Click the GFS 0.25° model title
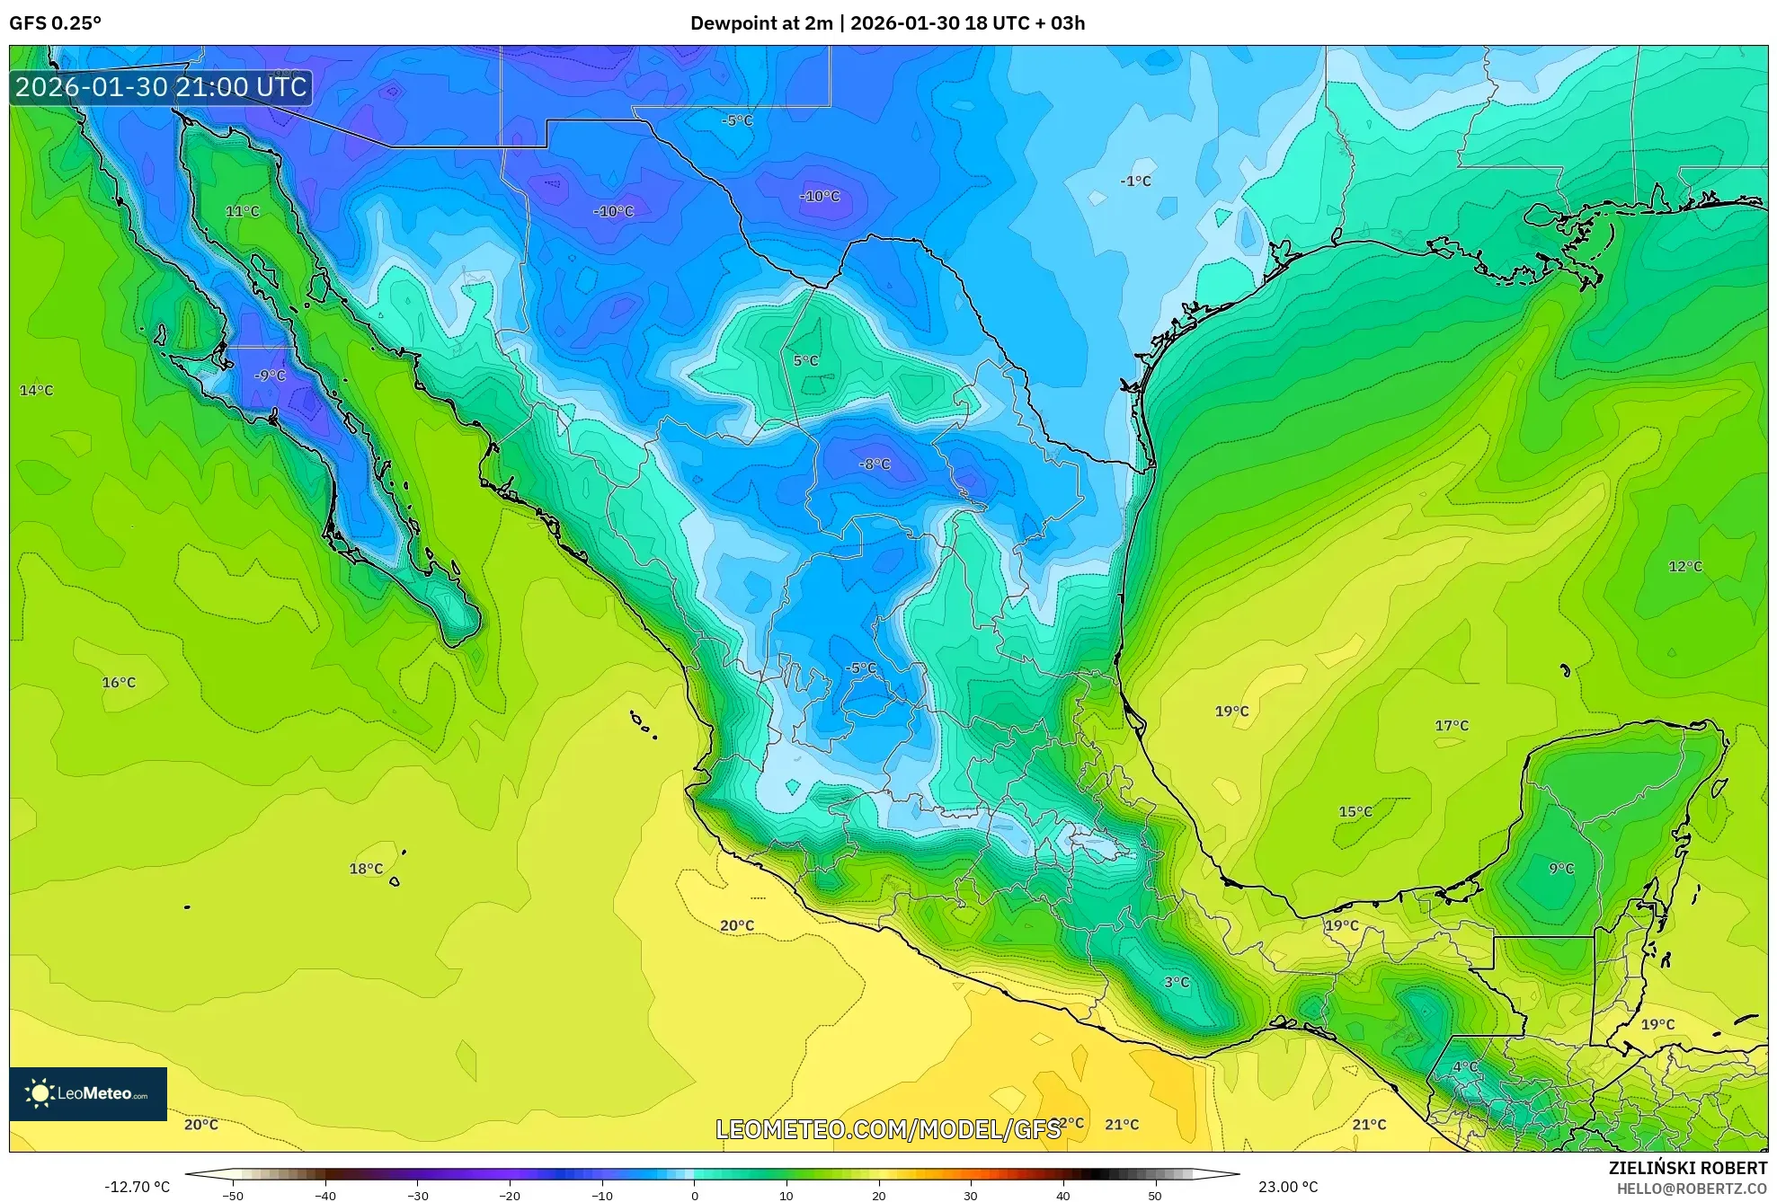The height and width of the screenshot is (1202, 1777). click(x=55, y=23)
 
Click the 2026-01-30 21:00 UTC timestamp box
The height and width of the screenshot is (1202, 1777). click(x=161, y=87)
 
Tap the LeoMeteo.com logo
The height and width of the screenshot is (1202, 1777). click(x=88, y=1093)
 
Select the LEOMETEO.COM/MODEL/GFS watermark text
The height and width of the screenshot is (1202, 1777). click(x=888, y=1128)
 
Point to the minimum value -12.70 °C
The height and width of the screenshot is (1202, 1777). click(x=137, y=1187)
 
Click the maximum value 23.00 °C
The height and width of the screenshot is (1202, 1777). click(x=1288, y=1187)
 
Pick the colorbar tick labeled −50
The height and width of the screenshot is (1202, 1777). click(x=233, y=1196)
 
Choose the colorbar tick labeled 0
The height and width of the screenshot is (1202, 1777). click(x=694, y=1196)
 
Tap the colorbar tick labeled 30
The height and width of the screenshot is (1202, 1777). click(x=971, y=1196)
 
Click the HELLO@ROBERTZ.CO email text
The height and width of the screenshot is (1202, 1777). click(x=1692, y=1189)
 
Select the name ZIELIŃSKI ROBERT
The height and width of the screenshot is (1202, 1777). click(x=1687, y=1168)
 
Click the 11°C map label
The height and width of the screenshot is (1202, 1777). click(x=242, y=211)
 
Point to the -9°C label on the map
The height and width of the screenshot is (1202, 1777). click(x=270, y=376)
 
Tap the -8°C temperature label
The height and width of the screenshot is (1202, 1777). click(x=875, y=464)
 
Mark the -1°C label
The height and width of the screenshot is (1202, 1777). click(x=1135, y=181)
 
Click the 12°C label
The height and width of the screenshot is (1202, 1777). click(x=1685, y=566)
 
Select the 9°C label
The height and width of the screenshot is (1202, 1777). click(x=1561, y=868)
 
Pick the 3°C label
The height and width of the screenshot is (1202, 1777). click(x=1177, y=982)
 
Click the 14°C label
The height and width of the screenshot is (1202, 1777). click(x=36, y=390)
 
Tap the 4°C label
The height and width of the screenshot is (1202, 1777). click(x=1465, y=1066)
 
